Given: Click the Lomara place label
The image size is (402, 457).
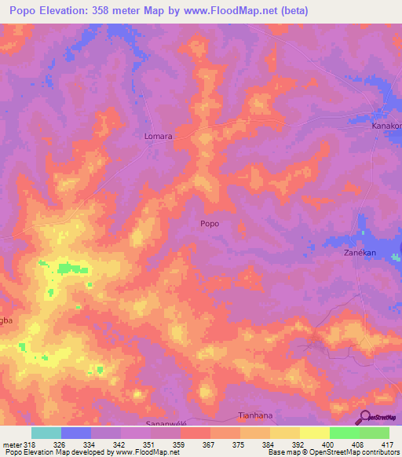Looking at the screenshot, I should click(x=159, y=136).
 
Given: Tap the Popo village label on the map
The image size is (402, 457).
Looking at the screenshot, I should click(x=210, y=224).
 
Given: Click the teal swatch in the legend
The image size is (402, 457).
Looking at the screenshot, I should click(x=46, y=433).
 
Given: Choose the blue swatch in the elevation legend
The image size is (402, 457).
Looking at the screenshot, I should click(x=76, y=433).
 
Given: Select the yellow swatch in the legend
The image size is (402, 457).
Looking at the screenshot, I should click(x=315, y=433).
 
